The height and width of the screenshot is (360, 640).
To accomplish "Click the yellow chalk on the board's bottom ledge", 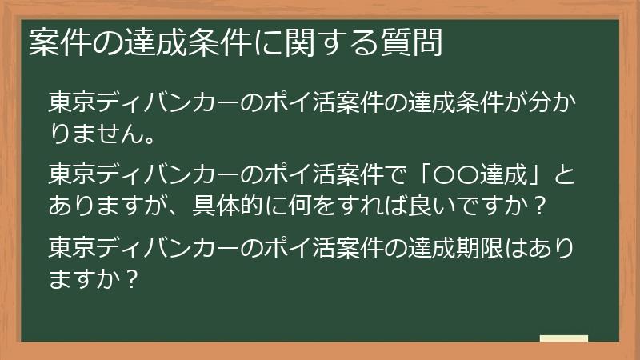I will [x=564, y=338].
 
